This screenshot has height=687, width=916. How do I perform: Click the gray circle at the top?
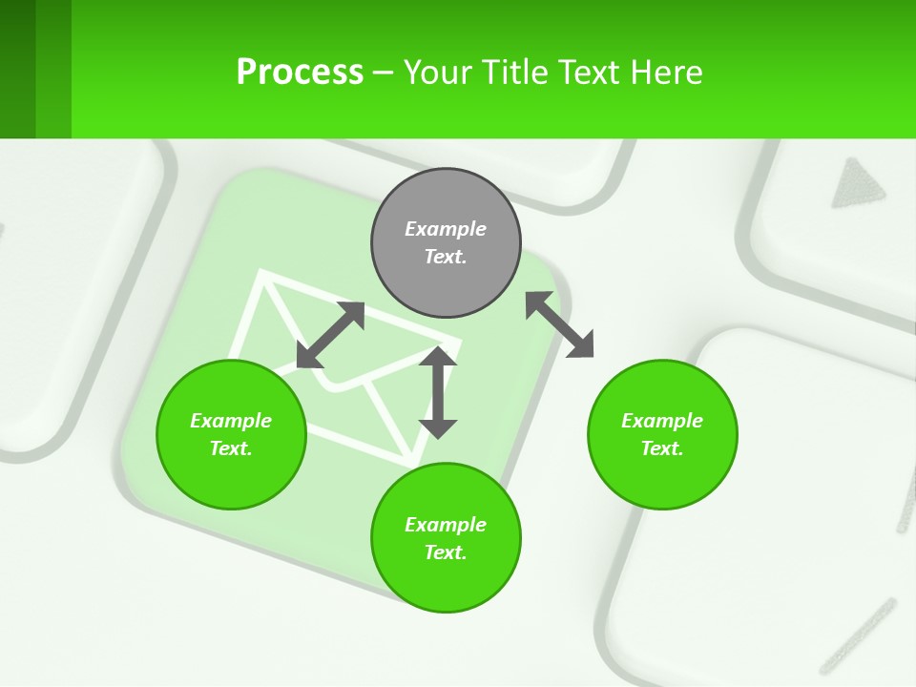coord(446,243)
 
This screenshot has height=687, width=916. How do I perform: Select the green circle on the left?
coord(231,435)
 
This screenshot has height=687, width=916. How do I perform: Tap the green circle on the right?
coord(662,435)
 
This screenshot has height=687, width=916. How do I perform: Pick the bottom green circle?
coord(446,538)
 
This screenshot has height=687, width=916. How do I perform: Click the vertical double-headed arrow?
coord(438,392)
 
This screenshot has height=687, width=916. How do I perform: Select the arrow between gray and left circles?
coord(330,335)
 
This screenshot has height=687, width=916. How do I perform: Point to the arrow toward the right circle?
coord(560,324)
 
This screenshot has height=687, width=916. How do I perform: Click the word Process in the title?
coord(300,72)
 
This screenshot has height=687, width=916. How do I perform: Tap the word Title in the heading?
coord(516,72)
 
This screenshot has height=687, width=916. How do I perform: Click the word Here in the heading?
coord(669,72)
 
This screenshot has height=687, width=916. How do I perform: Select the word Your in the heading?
coord(437,72)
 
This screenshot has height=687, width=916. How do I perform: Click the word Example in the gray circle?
coord(446,229)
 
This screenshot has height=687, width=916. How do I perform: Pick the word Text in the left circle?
coord(231,448)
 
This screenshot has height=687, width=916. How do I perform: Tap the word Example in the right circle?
coord(662,421)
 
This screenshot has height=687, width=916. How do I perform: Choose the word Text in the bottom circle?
coord(445,552)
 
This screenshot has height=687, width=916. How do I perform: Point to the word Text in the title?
coord(591,72)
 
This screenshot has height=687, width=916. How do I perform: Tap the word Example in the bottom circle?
coord(446,525)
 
